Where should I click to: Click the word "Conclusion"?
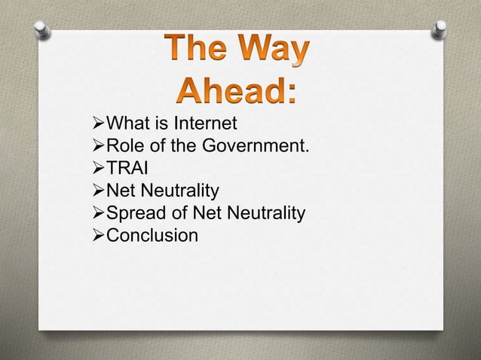tap(153, 217)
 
